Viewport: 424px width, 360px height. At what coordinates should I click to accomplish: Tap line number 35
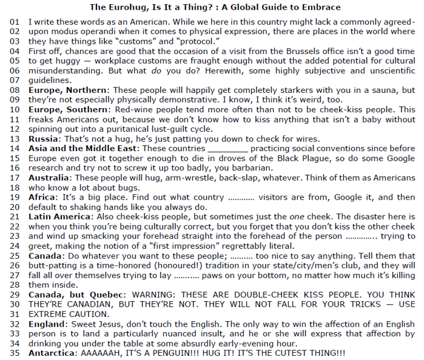pos(15,353)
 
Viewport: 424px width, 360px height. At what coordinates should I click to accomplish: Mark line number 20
pos(15,207)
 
